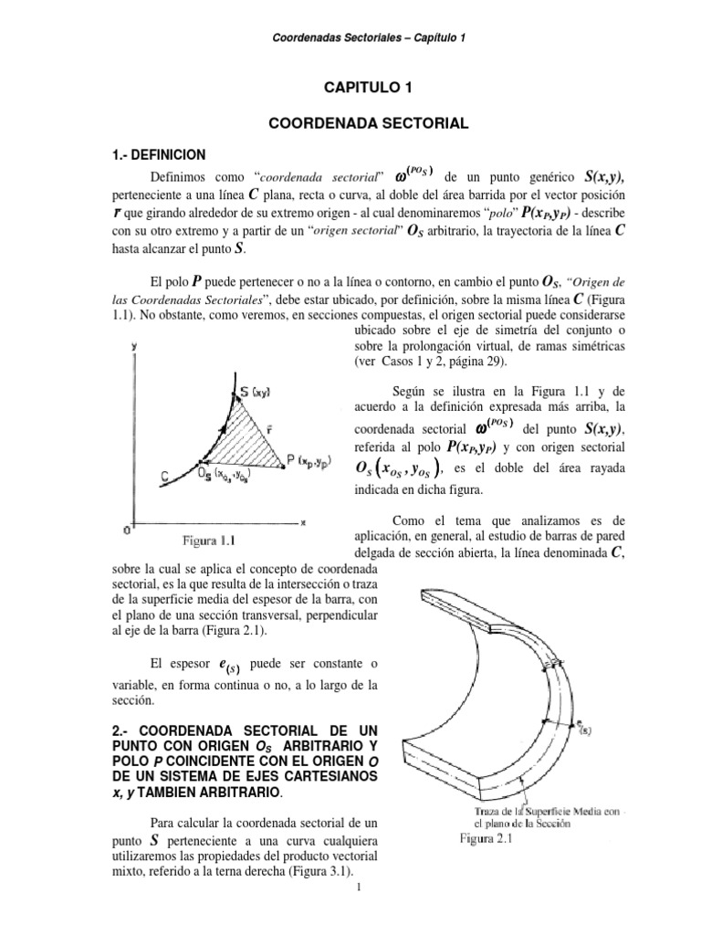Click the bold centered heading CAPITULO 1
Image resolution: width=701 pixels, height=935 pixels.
(371, 88)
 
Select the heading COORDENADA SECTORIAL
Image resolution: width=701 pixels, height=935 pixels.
(371, 121)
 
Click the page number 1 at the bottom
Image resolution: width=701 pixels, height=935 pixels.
(361, 914)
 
